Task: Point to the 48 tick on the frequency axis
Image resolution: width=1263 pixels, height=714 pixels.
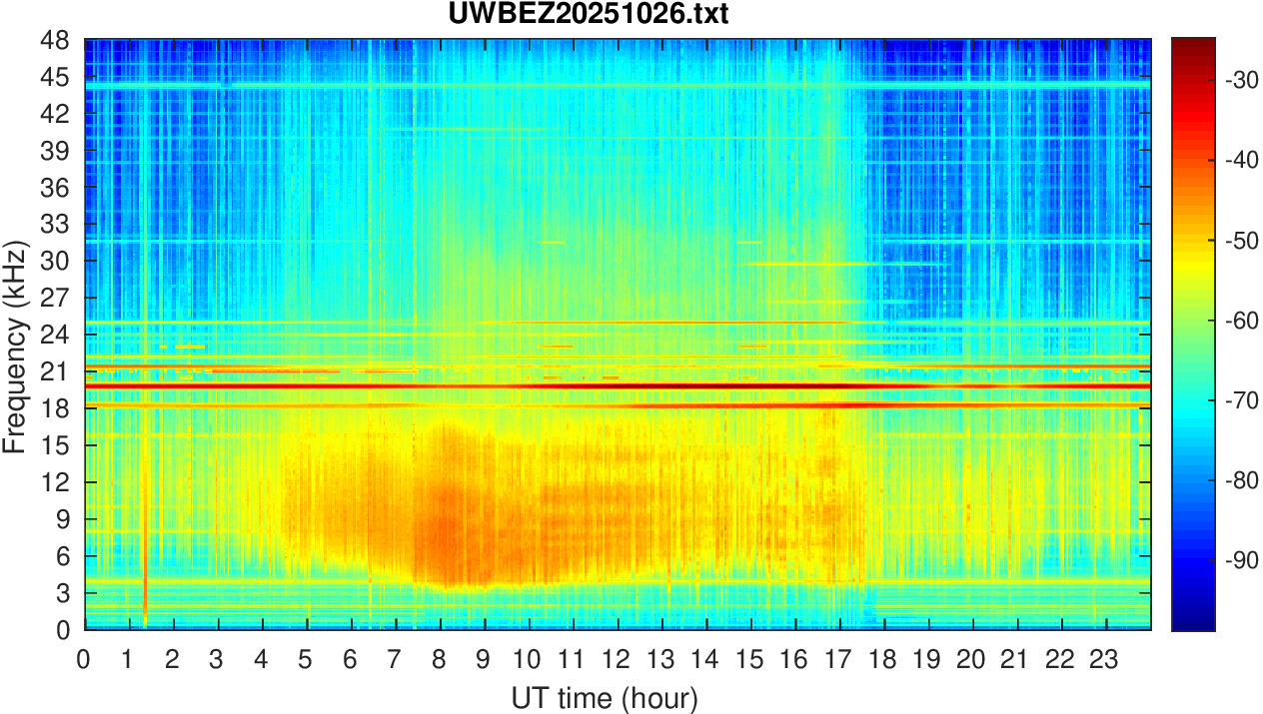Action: pyautogui.click(x=56, y=41)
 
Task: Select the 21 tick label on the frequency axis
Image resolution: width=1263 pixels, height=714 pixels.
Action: pyautogui.click(x=56, y=371)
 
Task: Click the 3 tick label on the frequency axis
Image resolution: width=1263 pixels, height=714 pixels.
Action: pyautogui.click(x=62, y=593)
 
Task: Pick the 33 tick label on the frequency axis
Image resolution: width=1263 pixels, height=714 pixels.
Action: pyautogui.click(x=56, y=225)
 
